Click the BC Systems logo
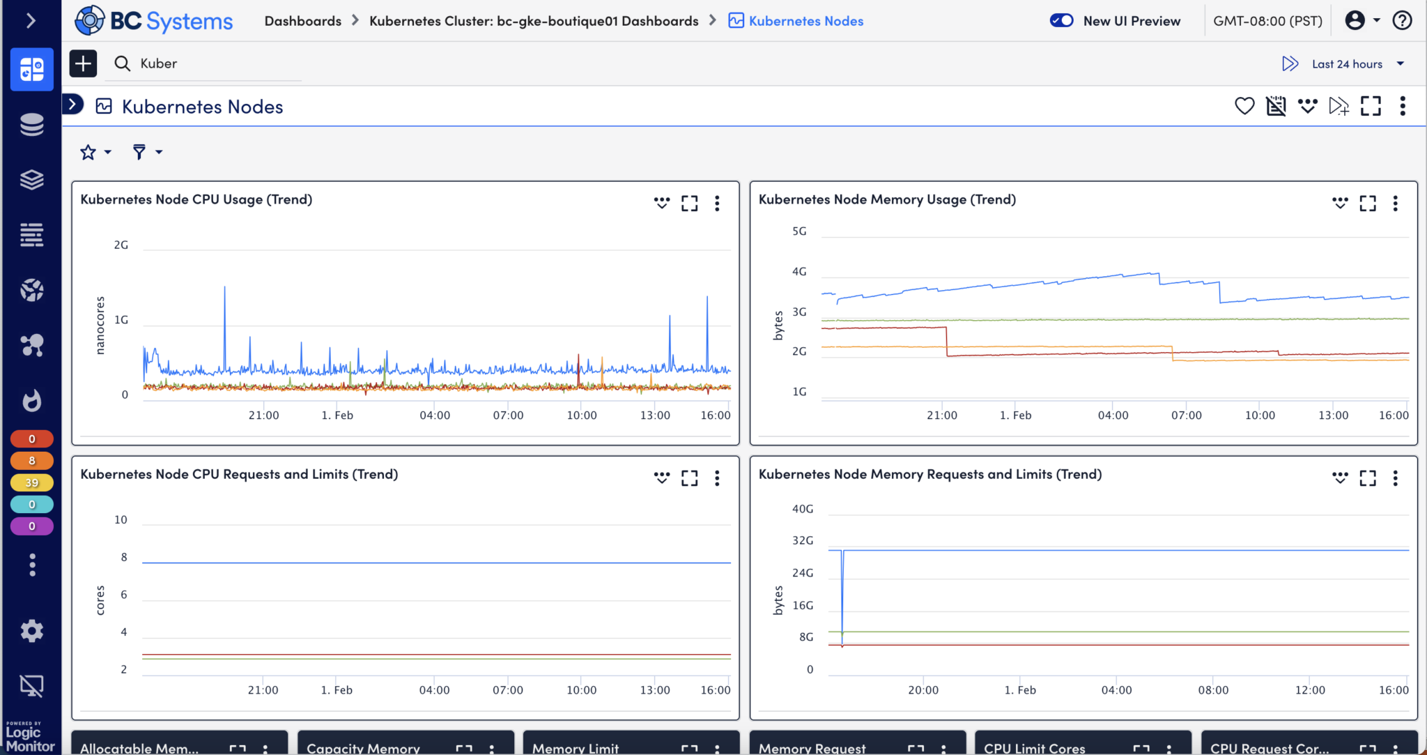pyautogui.click(x=154, y=21)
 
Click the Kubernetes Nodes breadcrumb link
pyautogui.click(x=805, y=21)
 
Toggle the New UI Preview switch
pyautogui.click(x=1061, y=21)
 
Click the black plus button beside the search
pyautogui.click(x=83, y=63)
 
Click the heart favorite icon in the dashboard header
pyautogui.click(x=1244, y=106)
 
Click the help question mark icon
pyautogui.click(x=1402, y=20)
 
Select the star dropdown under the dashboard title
pyautogui.click(x=95, y=152)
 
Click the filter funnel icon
pyautogui.click(x=139, y=152)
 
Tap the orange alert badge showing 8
pyautogui.click(x=31, y=461)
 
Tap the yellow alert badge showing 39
pyautogui.click(x=31, y=482)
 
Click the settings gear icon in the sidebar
pyautogui.click(x=31, y=631)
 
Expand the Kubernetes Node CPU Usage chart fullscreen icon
pyautogui.click(x=689, y=203)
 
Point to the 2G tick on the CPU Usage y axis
pyautogui.click(x=121, y=245)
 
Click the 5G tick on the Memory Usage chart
pyautogui.click(x=799, y=231)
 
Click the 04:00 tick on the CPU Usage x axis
pyautogui.click(x=435, y=415)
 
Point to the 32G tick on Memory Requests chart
pyautogui.click(x=803, y=540)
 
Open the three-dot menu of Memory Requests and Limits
pyautogui.click(x=1395, y=478)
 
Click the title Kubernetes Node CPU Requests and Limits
pyautogui.click(x=239, y=474)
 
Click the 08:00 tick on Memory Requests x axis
pyautogui.click(x=1213, y=690)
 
